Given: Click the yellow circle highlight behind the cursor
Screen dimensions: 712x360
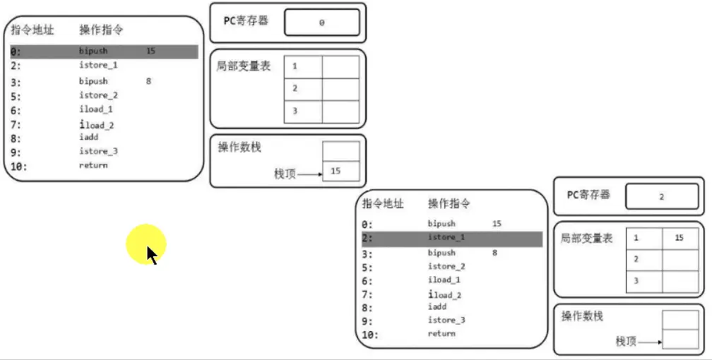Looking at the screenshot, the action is click(146, 244).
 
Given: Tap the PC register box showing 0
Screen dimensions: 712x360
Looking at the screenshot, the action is click(321, 23).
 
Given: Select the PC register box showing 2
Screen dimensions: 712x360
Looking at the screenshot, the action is click(661, 197).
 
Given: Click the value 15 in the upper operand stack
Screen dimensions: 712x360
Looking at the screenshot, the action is click(336, 171).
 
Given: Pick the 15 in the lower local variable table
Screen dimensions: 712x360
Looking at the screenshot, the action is click(679, 239).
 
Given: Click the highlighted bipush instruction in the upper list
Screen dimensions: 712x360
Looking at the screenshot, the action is click(93, 52).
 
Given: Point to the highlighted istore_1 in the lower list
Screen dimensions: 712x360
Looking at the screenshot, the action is click(446, 238).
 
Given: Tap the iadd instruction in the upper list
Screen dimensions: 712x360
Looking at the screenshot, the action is click(89, 137).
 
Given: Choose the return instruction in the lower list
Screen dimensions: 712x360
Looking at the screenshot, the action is click(441, 333).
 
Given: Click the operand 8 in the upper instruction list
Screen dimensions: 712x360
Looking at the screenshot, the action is click(148, 81).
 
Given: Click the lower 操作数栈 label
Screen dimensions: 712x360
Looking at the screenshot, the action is click(583, 316).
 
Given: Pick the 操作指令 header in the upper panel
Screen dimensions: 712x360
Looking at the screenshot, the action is click(101, 30).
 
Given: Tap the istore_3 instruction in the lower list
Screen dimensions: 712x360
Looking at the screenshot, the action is click(446, 320).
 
